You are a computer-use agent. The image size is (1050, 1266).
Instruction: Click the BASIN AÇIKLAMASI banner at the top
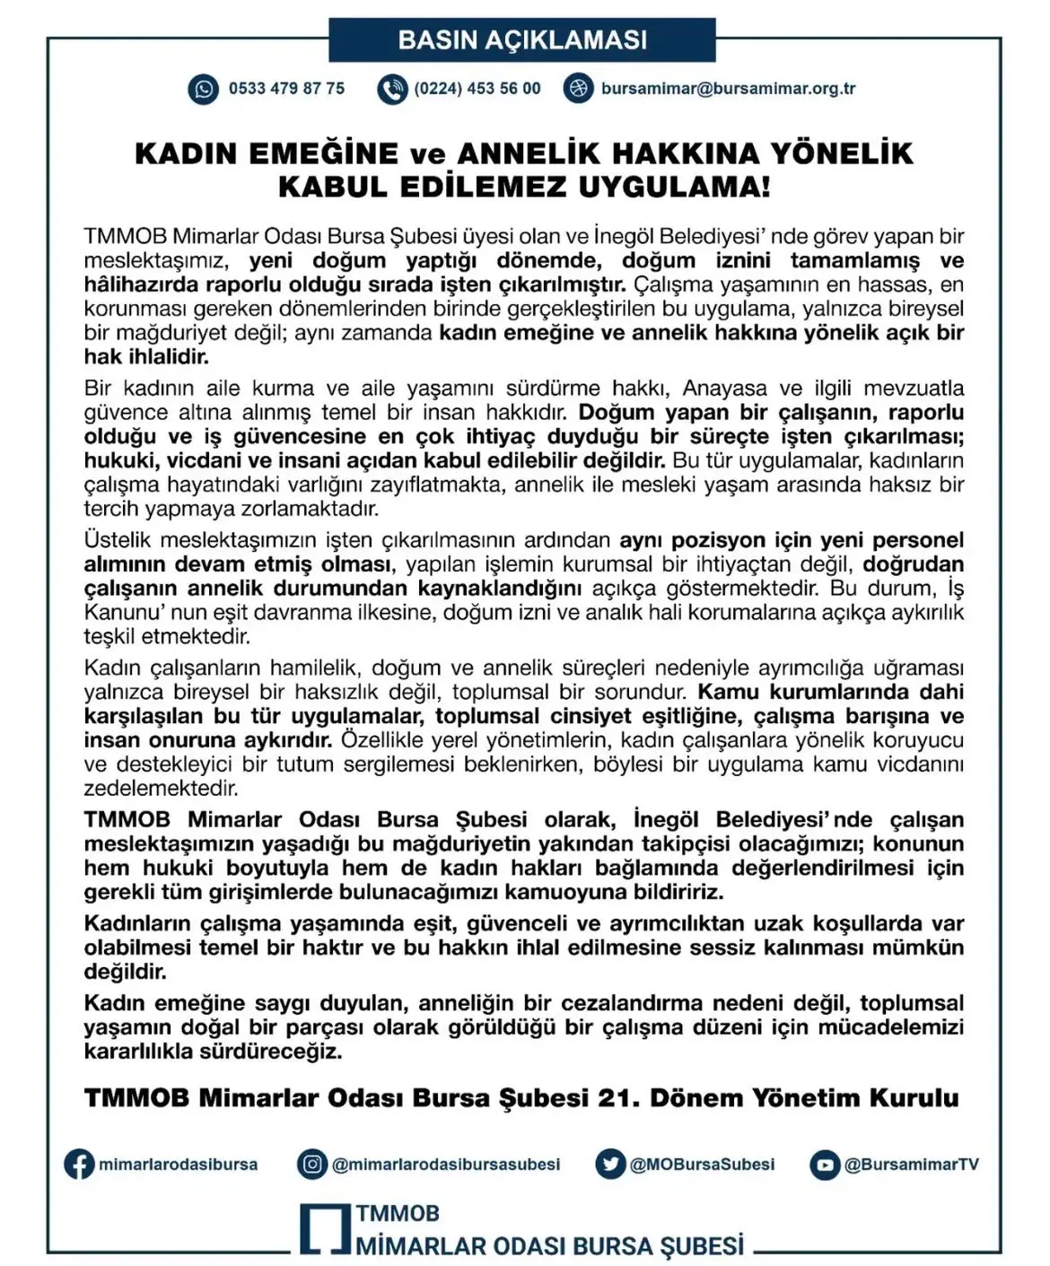coord(522,40)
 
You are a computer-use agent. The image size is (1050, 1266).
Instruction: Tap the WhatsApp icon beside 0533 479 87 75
coord(203,90)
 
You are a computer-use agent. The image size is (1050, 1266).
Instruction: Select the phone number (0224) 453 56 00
coord(477,89)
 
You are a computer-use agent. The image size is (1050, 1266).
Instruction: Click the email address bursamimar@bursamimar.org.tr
coord(728,89)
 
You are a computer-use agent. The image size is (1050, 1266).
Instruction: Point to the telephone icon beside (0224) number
coord(392,90)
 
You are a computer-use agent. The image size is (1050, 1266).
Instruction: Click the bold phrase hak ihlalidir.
coord(146,357)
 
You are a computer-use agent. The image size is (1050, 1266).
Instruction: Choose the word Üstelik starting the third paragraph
coord(118,541)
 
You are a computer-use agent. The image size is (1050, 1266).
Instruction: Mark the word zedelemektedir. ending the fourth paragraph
coord(162,789)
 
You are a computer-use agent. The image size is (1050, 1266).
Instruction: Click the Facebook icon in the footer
coord(79,1165)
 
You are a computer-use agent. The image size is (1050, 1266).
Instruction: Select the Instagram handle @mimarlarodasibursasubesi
coord(445,1165)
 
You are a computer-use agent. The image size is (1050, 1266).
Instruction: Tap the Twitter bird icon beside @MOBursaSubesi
coord(610,1165)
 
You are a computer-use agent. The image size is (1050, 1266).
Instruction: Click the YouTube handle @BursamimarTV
coord(911,1165)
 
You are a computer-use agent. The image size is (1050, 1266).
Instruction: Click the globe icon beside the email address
coord(579,89)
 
